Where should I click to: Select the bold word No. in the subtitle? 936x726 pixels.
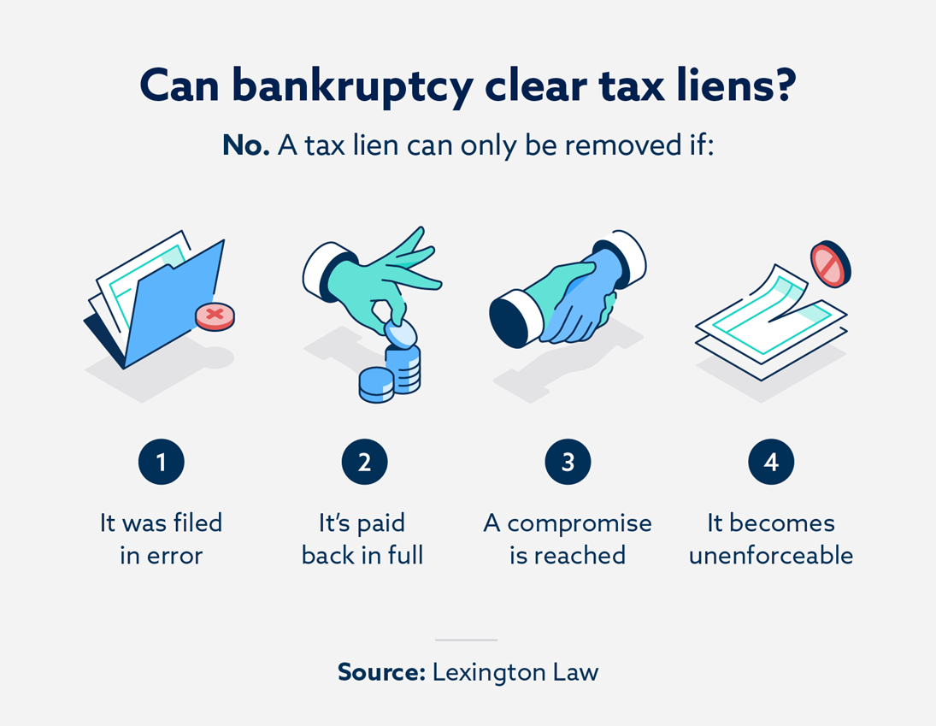[246, 145]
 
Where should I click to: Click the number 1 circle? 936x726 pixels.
[161, 463]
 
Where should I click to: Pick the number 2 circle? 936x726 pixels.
[364, 463]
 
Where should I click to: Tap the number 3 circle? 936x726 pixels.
[568, 463]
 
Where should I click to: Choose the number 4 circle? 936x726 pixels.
[771, 463]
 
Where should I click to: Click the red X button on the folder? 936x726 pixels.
[215, 316]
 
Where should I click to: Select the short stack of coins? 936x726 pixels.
[376, 384]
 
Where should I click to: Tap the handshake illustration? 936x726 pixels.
[568, 295]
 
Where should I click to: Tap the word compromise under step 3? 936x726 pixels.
[580, 523]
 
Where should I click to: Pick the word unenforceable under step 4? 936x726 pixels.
[771, 556]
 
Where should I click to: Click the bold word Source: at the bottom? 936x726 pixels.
[381, 672]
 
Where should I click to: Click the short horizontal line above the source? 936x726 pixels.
[466, 640]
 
